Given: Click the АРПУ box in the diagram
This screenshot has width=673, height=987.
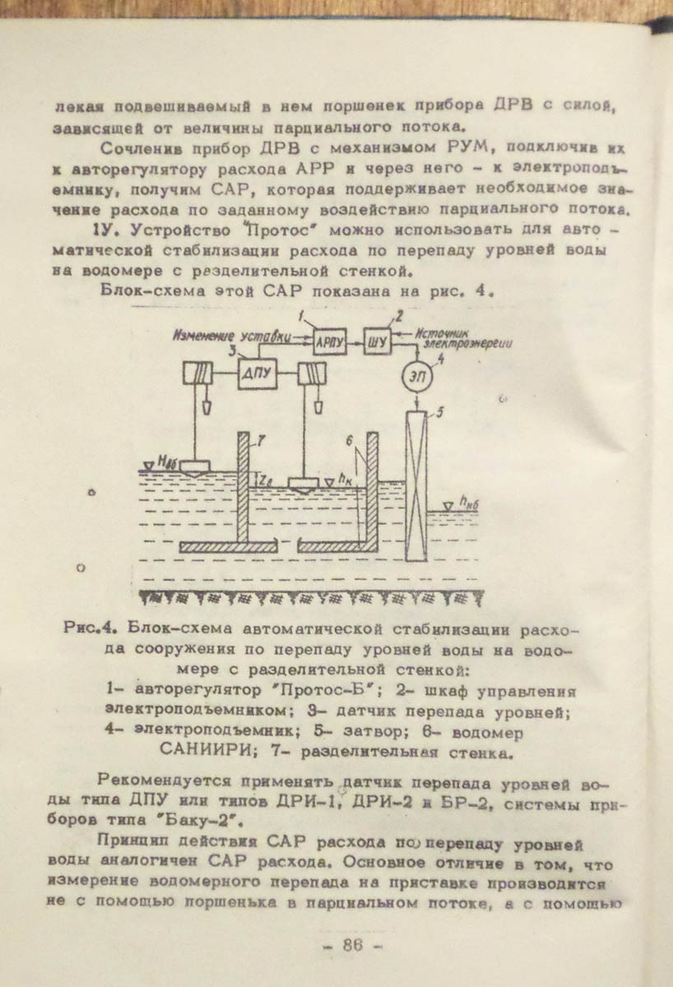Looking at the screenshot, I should coord(328,339).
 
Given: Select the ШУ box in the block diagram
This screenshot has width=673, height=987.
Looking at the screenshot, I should coord(378,339).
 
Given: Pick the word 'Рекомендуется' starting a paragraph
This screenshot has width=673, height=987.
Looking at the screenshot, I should coord(146,780).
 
